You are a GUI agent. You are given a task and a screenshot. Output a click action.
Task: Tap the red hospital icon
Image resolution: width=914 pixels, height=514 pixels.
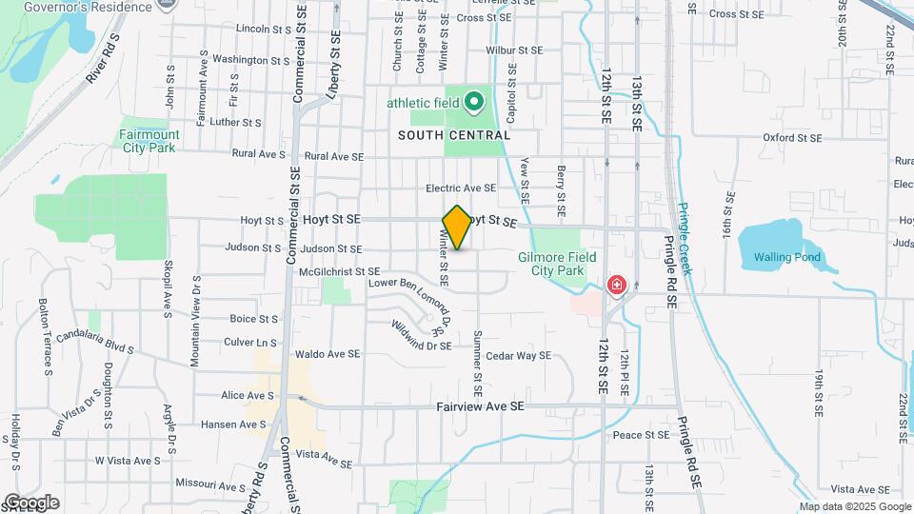(617, 285)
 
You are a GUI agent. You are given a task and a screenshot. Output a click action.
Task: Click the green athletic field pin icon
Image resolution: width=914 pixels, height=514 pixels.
(473, 102)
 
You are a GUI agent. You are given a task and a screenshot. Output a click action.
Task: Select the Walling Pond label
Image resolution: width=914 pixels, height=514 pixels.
(786, 257)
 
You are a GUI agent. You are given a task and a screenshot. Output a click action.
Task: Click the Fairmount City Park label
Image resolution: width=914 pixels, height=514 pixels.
(149, 141)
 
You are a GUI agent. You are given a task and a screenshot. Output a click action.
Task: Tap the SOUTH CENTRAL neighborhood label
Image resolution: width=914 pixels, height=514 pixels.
(454, 136)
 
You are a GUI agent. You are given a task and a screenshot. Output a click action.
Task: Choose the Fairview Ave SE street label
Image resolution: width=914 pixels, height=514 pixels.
(480, 405)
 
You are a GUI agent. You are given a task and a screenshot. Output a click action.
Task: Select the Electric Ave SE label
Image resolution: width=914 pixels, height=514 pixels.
(461, 188)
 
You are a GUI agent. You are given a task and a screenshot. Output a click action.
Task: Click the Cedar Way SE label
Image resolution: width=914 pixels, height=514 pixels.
(518, 356)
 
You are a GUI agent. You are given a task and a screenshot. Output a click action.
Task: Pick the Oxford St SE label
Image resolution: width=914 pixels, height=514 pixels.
(791, 138)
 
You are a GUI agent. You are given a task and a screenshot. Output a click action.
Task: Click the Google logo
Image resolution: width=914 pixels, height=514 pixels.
(31, 503)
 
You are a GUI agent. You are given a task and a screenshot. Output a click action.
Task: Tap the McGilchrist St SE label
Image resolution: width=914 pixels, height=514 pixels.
(332, 271)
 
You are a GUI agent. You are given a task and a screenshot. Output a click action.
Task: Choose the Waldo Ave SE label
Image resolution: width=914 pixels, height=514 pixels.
(328, 354)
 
